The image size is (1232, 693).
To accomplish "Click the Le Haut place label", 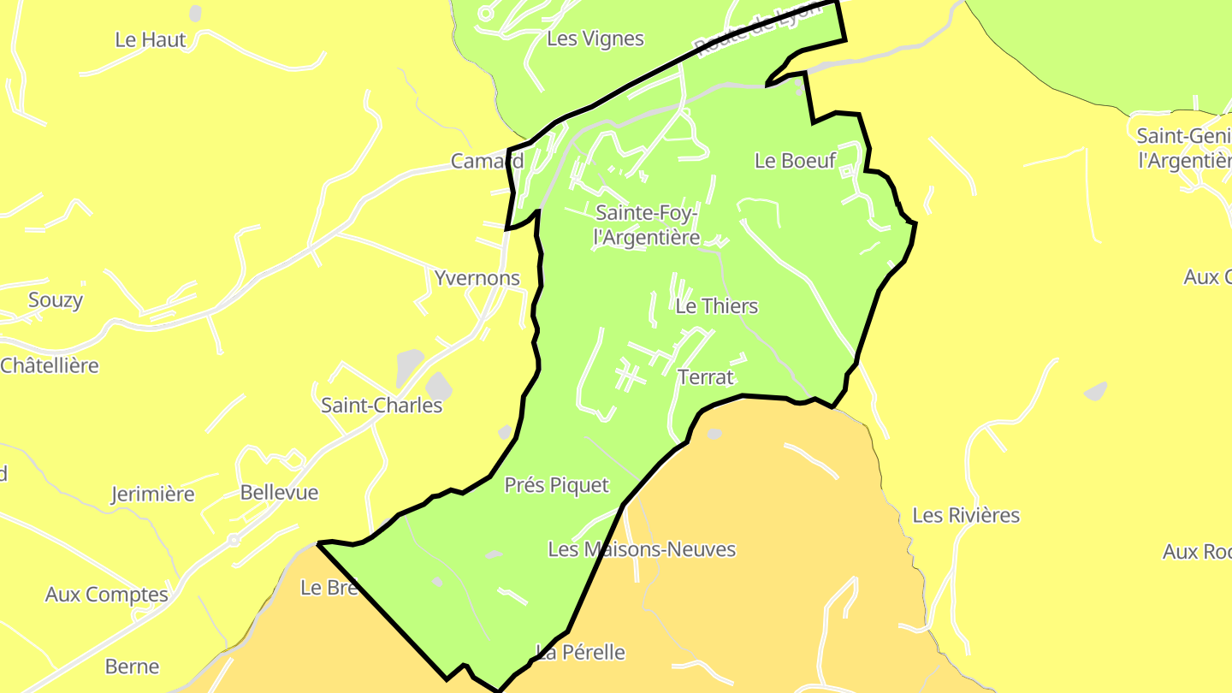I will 151,39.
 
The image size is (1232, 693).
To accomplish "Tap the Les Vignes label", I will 595,38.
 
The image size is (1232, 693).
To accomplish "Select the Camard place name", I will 487,161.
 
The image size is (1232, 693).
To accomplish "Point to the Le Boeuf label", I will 795,160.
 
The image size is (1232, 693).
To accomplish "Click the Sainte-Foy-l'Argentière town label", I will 647,225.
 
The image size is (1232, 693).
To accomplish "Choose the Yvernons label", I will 477,278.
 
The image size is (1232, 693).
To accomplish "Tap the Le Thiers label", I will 716,306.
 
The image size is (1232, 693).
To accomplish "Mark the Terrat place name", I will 705,376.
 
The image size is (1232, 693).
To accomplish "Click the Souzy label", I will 56,299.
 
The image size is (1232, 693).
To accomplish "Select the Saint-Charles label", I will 382,405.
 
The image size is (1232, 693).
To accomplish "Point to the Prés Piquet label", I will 556,485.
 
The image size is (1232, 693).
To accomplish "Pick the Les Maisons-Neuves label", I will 642,549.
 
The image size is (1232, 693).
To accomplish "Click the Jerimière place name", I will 153,494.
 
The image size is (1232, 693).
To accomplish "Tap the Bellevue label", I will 279,493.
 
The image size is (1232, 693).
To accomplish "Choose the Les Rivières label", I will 966,515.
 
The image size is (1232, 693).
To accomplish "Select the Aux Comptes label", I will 107,594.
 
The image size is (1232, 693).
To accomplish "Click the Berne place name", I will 132,666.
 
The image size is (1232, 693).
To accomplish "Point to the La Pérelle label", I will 581,652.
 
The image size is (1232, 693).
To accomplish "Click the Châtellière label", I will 50,365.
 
